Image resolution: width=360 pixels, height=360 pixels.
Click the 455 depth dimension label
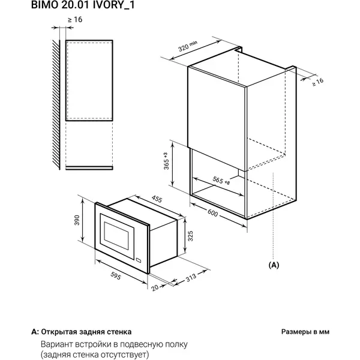(x=157, y=199)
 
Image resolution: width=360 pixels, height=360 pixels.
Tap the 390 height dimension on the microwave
(x=77, y=220)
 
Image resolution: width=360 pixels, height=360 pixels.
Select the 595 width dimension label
(x=115, y=276)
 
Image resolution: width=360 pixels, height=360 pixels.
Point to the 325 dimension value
(x=190, y=236)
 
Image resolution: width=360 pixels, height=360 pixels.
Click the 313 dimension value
(x=191, y=277)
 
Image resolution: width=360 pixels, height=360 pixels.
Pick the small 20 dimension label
(x=155, y=287)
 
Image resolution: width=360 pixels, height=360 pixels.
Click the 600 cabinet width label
(x=212, y=213)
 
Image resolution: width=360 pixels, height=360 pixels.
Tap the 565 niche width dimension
(x=221, y=181)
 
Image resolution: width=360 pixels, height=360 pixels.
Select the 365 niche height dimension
(x=166, y=161)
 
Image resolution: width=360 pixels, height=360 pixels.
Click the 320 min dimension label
(x=188, y=46)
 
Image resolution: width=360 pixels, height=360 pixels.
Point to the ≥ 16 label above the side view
(x=75, y=20)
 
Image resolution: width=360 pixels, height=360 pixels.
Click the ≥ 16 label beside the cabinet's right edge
(x=318, y=82)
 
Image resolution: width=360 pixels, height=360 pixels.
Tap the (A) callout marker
(x=274, y=265)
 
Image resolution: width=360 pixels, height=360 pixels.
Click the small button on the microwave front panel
(x=139, y=260)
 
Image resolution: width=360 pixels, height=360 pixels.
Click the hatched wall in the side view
(x=56, y=104)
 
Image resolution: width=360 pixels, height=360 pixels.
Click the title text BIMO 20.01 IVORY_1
(x=83, y=5)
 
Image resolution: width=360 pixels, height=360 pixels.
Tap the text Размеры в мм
(x=305, y=332)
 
